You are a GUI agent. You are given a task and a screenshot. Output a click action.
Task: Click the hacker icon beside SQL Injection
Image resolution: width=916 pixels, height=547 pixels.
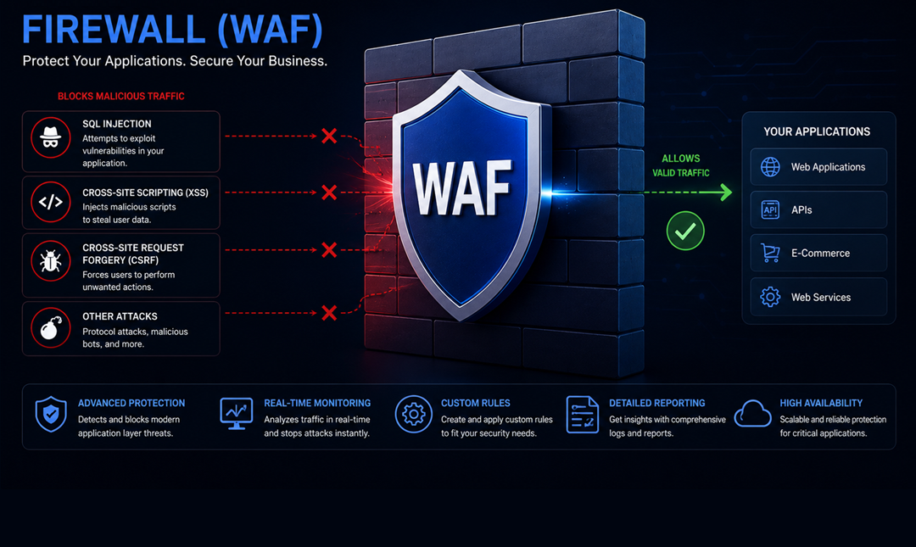(51, 138)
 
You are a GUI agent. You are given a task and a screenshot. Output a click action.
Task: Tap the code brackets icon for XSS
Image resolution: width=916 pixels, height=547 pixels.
(51, 202)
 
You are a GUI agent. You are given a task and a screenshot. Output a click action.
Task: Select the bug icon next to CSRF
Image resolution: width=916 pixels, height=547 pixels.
(51, 260)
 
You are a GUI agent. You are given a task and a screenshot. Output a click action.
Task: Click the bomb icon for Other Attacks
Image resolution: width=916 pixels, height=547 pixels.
(51, 328)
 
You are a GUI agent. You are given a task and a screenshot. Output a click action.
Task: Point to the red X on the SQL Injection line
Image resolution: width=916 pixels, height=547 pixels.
(329, 137)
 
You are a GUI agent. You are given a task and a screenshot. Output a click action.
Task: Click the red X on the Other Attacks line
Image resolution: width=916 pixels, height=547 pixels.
(329, 313)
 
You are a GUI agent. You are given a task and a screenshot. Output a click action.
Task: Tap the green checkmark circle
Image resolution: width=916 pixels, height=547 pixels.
(685, 231)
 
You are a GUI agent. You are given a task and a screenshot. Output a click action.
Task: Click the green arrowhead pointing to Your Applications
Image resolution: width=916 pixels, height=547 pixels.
(725, 192)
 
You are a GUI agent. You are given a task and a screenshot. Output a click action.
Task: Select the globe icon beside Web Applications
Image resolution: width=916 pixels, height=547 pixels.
(770, 166)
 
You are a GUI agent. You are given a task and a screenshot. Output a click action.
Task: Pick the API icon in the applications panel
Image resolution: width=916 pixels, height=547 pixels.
(770, 209)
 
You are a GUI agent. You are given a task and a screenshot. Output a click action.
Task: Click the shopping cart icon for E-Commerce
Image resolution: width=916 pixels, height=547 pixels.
(770, 253)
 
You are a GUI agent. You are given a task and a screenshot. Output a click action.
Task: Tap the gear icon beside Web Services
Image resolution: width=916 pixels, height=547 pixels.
(770, 297)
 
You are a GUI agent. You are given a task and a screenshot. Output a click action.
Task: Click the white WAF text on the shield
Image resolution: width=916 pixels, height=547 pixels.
(461, 188)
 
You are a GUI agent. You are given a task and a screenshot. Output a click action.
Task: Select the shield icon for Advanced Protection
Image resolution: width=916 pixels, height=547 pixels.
(51, 414)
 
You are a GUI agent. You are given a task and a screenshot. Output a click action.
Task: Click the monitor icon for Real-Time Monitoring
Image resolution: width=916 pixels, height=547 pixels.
(236, 414)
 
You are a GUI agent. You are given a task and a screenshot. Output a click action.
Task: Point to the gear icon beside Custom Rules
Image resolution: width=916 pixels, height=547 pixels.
(414, 415)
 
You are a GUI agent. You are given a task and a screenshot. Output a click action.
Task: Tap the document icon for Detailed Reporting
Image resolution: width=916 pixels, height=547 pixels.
(582, 415)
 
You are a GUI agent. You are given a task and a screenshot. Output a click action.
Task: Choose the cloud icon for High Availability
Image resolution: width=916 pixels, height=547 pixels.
(752, 414)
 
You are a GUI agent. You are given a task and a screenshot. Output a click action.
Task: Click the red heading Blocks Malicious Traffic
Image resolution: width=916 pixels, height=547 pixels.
(121, 97)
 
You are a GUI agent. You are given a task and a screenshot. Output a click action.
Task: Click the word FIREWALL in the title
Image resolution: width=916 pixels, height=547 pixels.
(114, 29)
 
